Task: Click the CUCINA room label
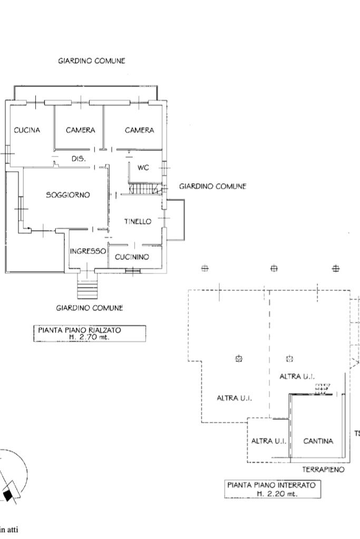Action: tap(27, 130)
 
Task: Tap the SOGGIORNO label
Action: tap(68, 195)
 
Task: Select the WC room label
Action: tap(143, 168)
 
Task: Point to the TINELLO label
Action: tap(138, 221)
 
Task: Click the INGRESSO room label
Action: tap(87, 251)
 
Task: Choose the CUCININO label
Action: tap(132, 257)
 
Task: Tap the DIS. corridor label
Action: tap(79, 159)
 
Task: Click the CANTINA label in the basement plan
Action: tap(318, 440)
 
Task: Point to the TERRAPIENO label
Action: tap(323, 469)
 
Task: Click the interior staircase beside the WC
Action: tap(144, 189)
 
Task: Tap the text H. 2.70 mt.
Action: tap(89, 337)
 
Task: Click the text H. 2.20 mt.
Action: tap(277, 494)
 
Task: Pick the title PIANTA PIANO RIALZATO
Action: tap(80, 330)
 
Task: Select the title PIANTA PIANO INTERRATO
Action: tap(271, 485)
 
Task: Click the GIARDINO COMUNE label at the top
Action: tap(92, 61)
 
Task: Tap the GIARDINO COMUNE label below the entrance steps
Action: tap(90, 308)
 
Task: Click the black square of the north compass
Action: tap(7, 495)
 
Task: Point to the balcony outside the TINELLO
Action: tap(176, 220)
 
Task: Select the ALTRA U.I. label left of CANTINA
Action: tap(268, 440)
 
